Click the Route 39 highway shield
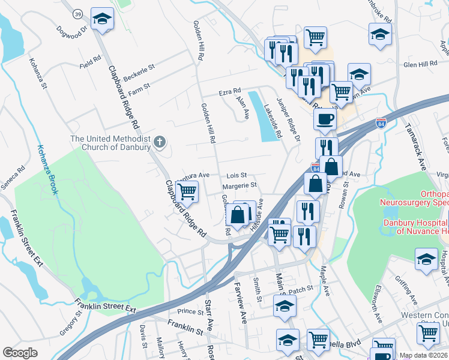77,13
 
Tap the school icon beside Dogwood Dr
102,19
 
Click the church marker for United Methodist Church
159,142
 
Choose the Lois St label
237,175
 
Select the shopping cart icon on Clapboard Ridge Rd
187,192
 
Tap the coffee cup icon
325,119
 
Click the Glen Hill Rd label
420,64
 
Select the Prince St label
191,311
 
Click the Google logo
20,353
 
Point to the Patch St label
301,289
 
